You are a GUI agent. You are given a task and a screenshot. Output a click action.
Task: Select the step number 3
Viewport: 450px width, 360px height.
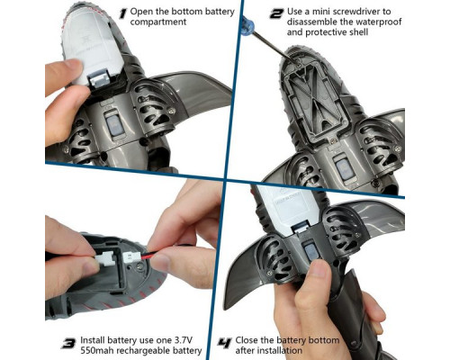pyautogui.click(x=68, y=342)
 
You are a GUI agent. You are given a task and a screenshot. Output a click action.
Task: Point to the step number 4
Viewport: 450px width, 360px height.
pyautogui.click(x=225, y=342)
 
